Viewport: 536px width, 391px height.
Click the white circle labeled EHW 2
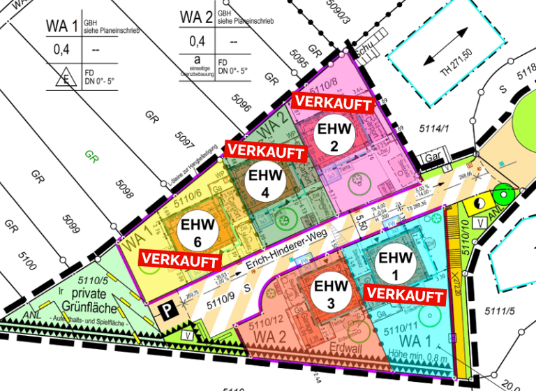tap(333, 138)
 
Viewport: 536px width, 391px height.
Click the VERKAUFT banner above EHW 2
tap(333, 102)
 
